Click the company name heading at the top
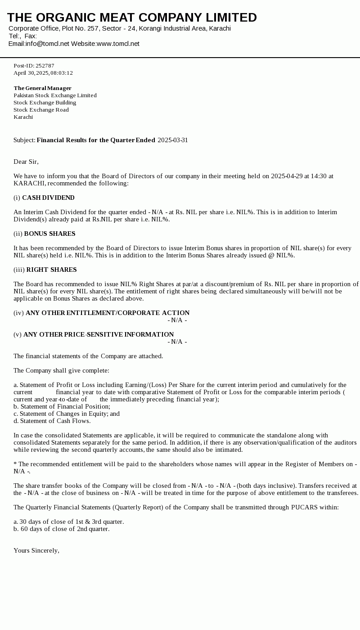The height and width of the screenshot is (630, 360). coord(132,18)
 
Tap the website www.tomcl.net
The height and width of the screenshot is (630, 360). coord(118,44)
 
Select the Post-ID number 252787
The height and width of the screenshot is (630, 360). coord(45,66)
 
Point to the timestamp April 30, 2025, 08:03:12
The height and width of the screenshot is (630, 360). coord(43,73)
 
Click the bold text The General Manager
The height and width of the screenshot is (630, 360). coord(42,88)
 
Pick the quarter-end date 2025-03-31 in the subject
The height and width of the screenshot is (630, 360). coord(173,140)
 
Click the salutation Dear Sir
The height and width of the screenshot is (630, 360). coord(26,162)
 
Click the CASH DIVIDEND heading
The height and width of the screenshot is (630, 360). coord(48,198)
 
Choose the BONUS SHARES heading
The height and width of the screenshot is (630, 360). coord(49,234)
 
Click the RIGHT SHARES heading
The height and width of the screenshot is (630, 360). coord(51,270)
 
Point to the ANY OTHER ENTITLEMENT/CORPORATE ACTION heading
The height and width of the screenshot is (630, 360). coord(108,313)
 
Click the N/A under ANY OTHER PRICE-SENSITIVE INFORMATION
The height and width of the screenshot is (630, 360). coord(177,342)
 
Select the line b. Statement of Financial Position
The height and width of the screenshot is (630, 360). coord(62,406)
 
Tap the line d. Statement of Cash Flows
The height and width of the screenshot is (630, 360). coord(52,421)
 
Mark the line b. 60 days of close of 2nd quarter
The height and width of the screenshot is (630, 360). coord(62,529)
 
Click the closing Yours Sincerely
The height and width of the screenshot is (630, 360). coord(36,550)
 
